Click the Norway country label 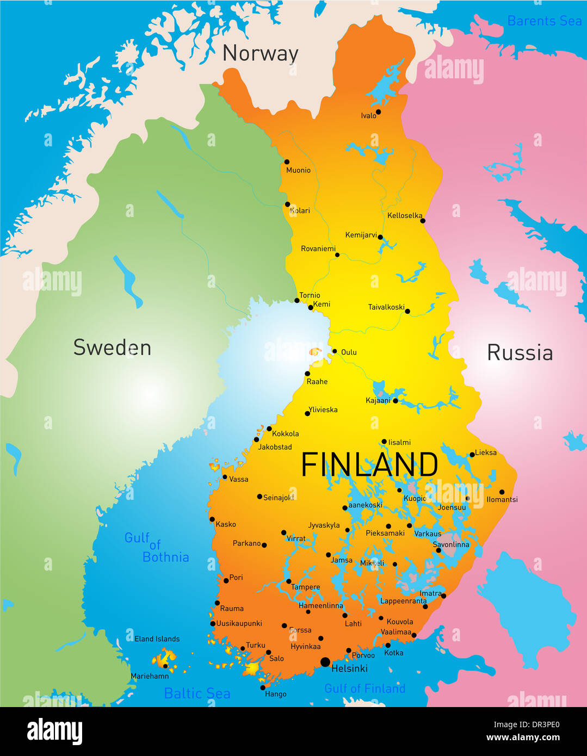coord(260,53)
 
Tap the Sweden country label coord(112,348)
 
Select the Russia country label coord(520,352)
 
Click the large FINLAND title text coord(369,465)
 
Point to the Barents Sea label coord(544,21)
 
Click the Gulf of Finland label coord(364,689)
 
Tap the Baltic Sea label coord(197,693)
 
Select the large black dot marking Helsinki coord(325,662)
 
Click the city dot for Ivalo coord(378,112)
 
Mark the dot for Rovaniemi coord(337,255)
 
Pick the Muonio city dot coord(287,162)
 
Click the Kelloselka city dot coord(423,220)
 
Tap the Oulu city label coord(349,352)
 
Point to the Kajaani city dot coord(396,400)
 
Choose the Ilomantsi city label coord(502,499)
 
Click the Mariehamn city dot coord(165,666)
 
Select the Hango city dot coord(263,687)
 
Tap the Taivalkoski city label coord(386,307)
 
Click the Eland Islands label coord(157,639)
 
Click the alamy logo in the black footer coord(55,732)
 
